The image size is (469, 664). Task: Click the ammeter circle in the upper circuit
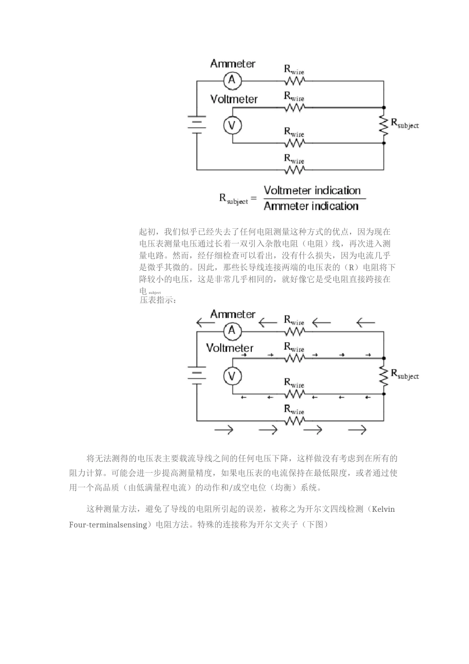(232, 80)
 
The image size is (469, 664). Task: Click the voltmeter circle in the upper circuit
(232, 125)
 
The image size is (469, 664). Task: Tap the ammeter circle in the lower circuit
(232, 331)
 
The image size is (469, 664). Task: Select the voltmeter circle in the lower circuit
(232, 376)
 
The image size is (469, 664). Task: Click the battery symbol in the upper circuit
(196, 124)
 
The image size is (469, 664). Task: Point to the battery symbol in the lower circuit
(196, 374)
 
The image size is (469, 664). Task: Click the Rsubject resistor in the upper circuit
(384, 125)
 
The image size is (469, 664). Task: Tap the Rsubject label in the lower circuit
(405, 374)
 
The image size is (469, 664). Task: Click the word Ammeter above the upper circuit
(233, 64)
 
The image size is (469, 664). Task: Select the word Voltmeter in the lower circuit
(230, 348)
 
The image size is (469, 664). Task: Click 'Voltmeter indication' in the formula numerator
(312, 191)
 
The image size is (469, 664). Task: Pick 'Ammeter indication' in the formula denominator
(311, 206)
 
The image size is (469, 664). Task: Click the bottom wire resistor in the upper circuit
(294, 169)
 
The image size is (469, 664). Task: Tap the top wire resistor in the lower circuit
(294, 331)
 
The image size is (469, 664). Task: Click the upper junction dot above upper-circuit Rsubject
(384, 107)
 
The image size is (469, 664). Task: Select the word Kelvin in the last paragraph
(383, 509)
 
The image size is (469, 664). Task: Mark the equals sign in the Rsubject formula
(254, 199)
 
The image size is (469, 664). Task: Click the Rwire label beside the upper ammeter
(294, 70)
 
